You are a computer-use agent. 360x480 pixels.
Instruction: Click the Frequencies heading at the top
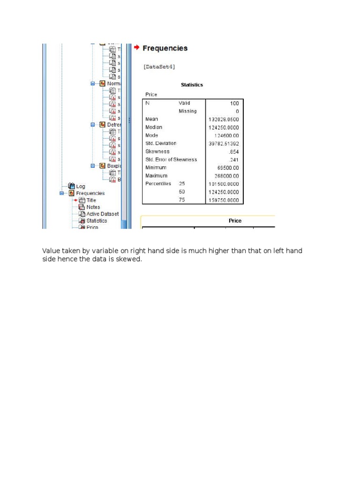point(165,48)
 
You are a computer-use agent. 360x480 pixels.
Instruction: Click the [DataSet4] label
point(159,67)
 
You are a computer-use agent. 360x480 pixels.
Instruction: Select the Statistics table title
point(192,85)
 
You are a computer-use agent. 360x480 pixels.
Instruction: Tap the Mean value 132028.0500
point(224,120)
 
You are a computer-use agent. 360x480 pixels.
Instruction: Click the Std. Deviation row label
point(161,143)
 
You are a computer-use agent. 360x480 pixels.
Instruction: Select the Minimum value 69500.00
point(226,168)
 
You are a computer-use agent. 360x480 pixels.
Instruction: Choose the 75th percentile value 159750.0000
point(224,200)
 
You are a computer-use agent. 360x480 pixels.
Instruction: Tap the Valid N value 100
point(234,103)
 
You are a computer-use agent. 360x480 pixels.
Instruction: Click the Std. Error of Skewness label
point(171,160)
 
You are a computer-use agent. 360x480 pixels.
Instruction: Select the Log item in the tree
point(81,186)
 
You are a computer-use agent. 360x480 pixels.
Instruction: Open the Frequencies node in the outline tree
point(90,193)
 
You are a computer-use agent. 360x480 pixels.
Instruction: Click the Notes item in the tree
point(93,207)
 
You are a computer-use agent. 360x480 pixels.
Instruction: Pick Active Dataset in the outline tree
point(102,214)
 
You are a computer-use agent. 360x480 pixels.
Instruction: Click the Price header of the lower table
point(235,220)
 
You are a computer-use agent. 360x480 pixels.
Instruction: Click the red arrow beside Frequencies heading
point(136,48)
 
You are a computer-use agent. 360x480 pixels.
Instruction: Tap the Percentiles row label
point(158,184)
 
